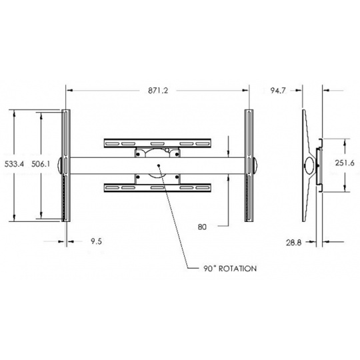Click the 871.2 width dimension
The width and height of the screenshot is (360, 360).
tap(158, 91)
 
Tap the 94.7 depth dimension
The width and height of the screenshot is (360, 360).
tap(278, 91)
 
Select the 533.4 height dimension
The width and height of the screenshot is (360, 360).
tap(14, 164)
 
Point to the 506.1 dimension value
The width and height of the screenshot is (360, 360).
tap(41, 164)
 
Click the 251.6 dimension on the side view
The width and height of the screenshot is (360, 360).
tap(345, 163)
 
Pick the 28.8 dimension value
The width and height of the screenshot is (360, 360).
tap(293, 243)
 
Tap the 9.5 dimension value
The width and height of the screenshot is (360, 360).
tap(96, 241)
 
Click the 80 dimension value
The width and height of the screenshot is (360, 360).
tap(202, 227)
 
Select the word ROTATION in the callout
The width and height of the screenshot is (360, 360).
tap(237, 269)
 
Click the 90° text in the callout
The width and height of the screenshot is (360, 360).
tap(210, 269)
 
